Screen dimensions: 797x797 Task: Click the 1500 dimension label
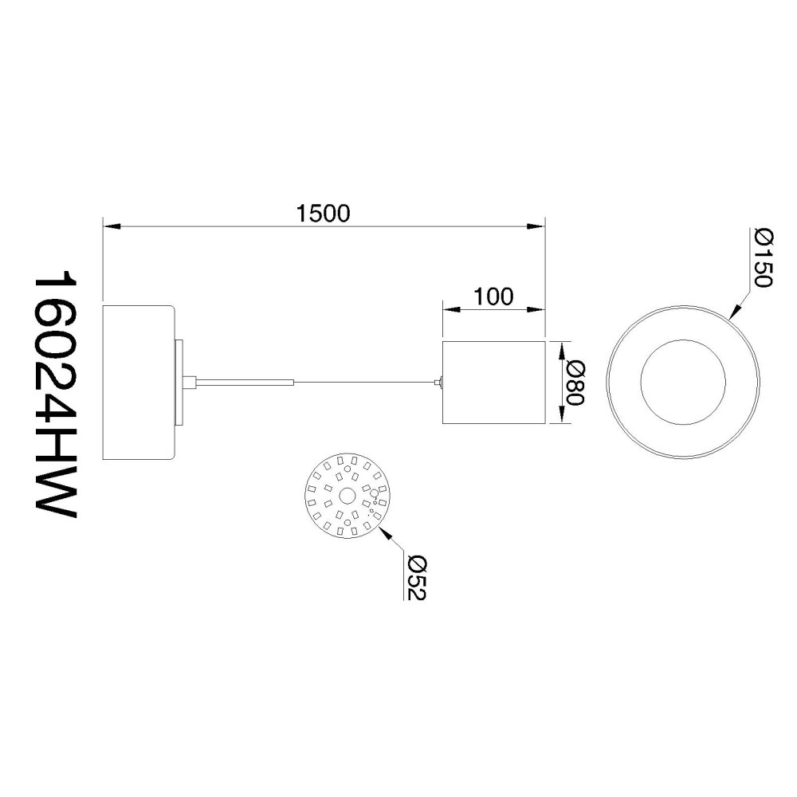[324, 214]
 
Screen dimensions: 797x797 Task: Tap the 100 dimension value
[493, 296]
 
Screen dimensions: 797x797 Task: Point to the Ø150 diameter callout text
[764, 257]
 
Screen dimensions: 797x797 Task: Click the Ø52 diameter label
[417, 578]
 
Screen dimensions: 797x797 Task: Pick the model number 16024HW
[54, 398]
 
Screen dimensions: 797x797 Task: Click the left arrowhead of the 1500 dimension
[112, 226]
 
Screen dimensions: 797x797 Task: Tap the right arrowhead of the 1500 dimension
[536, 226]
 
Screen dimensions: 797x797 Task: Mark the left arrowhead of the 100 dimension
[452, 309]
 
